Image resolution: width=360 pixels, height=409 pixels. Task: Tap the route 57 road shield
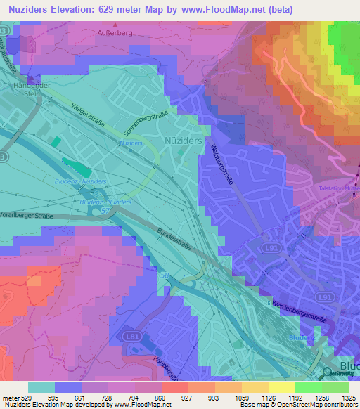tap(105, 210)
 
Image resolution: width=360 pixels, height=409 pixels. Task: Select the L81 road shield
tap(132, 337)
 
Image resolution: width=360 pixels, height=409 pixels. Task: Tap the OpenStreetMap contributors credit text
tap(311, 405)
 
